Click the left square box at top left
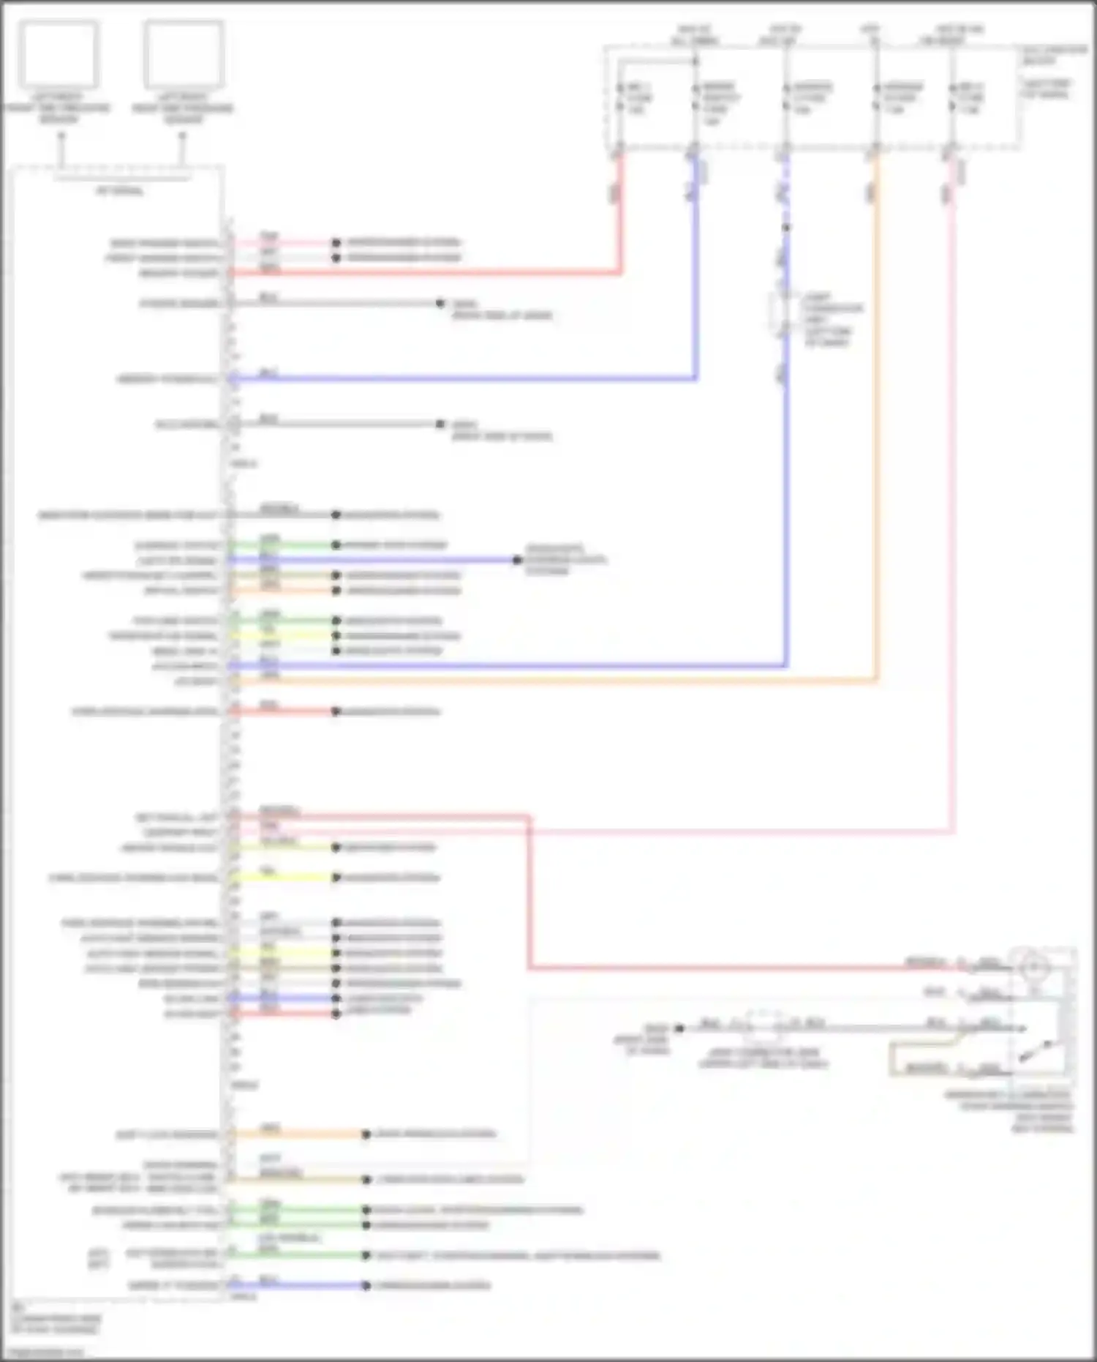(x=59, y=53)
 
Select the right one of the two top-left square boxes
(x=183, y=53)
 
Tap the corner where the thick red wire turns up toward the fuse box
(x=621, y=273)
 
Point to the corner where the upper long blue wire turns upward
(x=695, y=378)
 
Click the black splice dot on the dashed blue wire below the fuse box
(x=786, y=228)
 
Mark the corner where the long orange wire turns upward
(x=876, y=681)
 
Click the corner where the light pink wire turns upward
(x=953, y=831)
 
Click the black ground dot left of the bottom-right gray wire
(x=679, y=1028)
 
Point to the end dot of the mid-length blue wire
(x=517, y=560)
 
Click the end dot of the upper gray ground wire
(x=440, y=303)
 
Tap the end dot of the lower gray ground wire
(x=440, y=424)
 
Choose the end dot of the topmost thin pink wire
(x=336, y=242)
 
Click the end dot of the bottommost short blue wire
(x=366, y=1285)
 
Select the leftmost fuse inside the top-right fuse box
(x=620, y=97)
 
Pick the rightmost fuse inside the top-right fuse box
(x=952, y=97)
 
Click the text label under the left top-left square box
(x=59, y=108)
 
